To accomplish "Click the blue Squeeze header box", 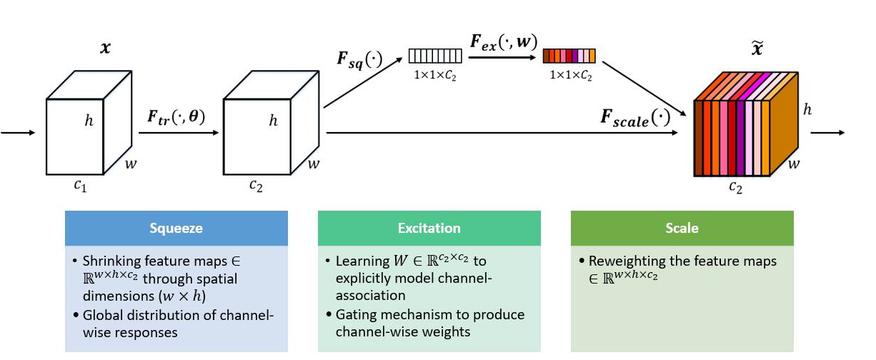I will click(x=176, y=229).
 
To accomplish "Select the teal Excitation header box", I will click(x=429, y=229).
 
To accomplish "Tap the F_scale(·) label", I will click(x=634, y=118).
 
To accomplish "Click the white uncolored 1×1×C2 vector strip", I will click(x=435, y=56).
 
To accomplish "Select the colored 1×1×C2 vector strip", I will click(x=569, y=56).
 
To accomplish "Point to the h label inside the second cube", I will click(x=273, y=121).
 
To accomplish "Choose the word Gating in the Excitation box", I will click(x=354, y=315).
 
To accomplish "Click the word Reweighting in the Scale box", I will click(x=617, y=261).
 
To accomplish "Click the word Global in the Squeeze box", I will click(x=101, y=315).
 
